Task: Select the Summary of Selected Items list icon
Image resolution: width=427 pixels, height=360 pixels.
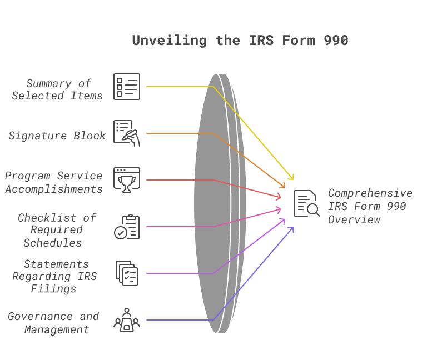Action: pyautogui.click(x=127, y=87)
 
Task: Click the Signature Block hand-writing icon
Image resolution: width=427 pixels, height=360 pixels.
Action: pyautogui.click(x=127, y=133)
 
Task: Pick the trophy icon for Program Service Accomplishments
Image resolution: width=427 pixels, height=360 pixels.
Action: pyautogui.click(x=127, y=180)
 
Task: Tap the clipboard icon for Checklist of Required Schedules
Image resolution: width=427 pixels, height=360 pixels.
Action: pyautogui.click(x=127, y=227)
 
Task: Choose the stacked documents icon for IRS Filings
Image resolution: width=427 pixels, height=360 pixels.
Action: pyautogui.click(x=127, y=273)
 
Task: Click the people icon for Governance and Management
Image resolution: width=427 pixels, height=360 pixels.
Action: pyautogui.click(x=127, y=320)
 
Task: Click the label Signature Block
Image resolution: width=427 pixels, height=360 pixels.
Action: pyautogui.click(x=57, y=136)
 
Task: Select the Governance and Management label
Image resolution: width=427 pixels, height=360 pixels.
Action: pyautogui.click(x=54, y=323)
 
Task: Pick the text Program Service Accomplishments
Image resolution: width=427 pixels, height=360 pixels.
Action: pyautogui.click(x=54, y=182)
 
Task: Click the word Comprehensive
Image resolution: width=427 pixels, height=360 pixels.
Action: pyautogui.click(x=370, y=193)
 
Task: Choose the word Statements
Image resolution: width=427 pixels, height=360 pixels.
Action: pyautogui.click(x=56, y=264)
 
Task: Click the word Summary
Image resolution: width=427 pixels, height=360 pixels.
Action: pyautogui.click(x=49, y=83)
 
